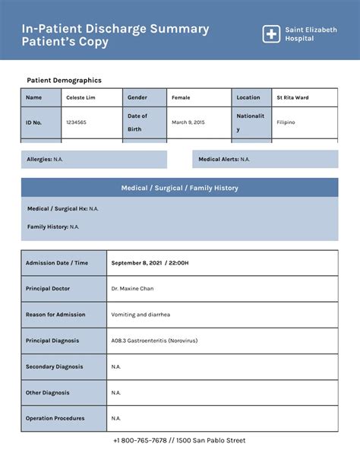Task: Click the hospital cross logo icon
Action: [x=271, y=34]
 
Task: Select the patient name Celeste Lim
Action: [x=81, y=97]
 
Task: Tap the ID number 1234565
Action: [x=76, y=122]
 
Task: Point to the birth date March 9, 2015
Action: [x=188, y=122]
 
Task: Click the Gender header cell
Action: [x=144, y=97]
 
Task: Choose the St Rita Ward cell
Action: [x=292, y=97]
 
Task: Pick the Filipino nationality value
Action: [x=286, y=122]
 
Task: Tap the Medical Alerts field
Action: [x=223, y=160]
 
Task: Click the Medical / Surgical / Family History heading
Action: [x=179, y=188]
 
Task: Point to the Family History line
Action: [x=53, y=227]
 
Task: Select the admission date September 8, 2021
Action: [x=150, y=263]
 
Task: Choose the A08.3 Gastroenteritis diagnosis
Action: [x=154, y=341]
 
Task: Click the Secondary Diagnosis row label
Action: [x=55, y=366]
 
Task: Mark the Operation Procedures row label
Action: [x=55, y=418]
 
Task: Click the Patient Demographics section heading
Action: [x=64, y=80]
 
